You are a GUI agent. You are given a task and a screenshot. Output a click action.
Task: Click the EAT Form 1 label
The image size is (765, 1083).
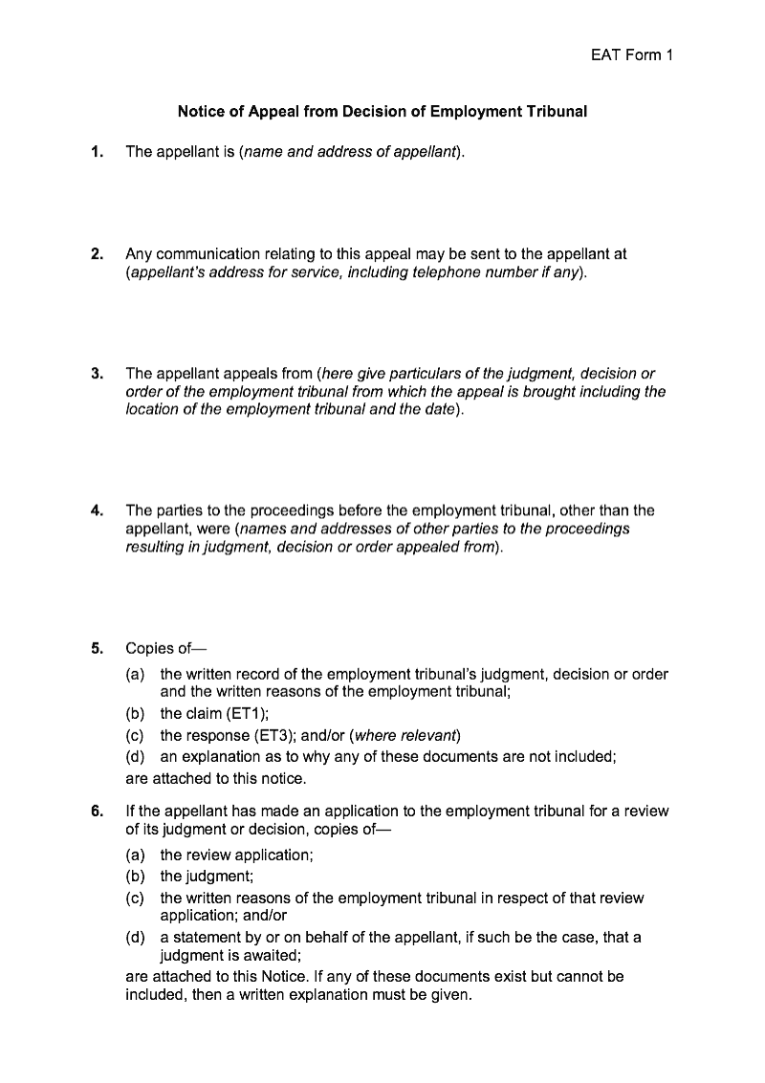pos(632,55)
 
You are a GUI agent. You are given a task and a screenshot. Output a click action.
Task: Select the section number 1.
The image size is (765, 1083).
pos(97,152)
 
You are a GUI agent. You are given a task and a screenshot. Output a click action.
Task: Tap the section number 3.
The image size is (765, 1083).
pos(97,374)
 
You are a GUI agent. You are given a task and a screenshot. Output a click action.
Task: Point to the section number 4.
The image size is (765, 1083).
pos(97,510)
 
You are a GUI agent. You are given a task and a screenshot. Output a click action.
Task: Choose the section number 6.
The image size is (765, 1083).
pos(97,812)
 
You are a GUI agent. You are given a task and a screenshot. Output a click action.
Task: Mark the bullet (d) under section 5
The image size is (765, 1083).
pos(136,757)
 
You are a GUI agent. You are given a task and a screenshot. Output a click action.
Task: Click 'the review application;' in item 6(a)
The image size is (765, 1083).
pos(236,855)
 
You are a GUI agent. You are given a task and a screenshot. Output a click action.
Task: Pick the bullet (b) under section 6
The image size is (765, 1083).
pos(136,876)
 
